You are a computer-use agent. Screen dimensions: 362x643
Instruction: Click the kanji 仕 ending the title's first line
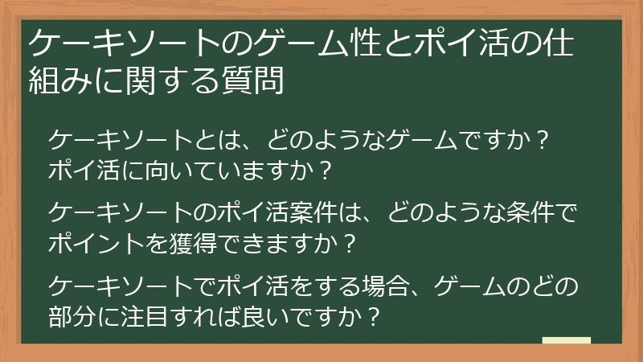(x=555, y=43)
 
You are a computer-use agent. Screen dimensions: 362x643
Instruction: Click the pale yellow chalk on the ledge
(x=566, y=340)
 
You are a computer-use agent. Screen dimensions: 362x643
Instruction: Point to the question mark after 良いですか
(x=371, y=313)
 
